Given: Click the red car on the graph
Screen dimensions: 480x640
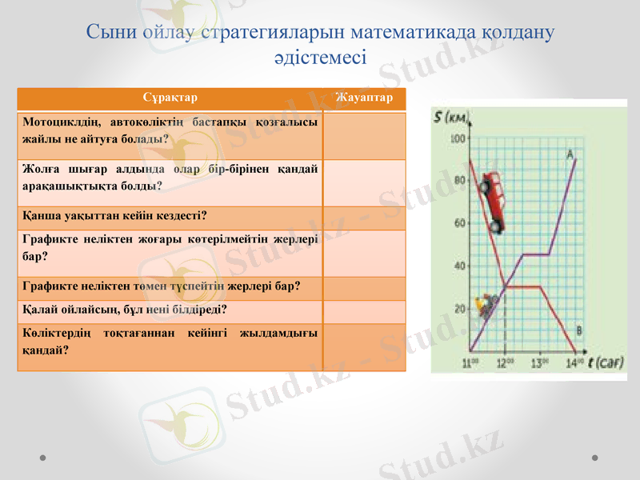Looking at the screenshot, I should pyautogui.click(x=492, y=205).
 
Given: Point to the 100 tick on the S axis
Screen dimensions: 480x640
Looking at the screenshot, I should pyautogui.click(x=458, y=139).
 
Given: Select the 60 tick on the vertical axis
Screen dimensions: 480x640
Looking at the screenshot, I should pyautogui.click(x=459, y=224).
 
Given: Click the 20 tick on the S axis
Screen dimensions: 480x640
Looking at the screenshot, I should pyautogui.click(x=459, y=309).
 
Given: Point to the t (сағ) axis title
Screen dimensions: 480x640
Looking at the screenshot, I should pyautogui.click(x=605, y=362).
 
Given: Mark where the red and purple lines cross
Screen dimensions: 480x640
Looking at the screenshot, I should pyautogui.click(x=505, y=284).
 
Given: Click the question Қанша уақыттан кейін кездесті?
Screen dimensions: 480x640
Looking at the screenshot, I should pyautogui.click(x=115, y=216).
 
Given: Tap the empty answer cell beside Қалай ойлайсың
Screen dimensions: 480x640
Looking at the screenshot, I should pyautogui.click(x=365, y=309).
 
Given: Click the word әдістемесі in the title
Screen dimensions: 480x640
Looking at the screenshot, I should pyautogui.click(x=320, y=57).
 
